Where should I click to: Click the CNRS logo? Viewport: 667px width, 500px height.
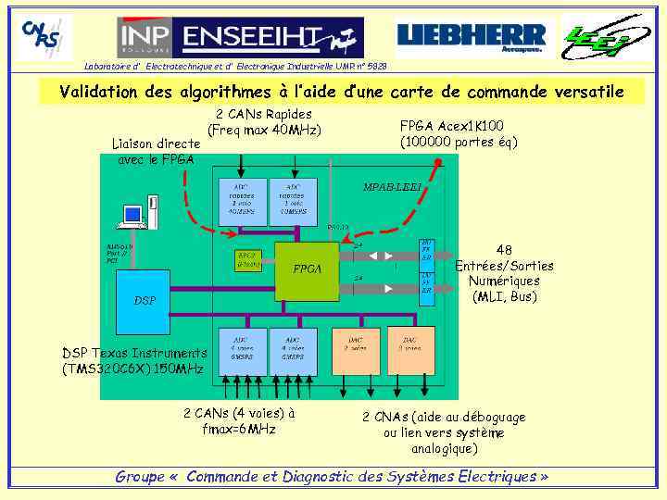[44, 36]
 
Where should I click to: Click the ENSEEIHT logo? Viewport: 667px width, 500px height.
[240, 37]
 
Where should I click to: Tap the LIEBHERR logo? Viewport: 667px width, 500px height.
[472, 38]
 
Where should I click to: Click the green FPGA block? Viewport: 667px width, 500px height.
[308, 269]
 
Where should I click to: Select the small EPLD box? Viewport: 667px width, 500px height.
[248, 259]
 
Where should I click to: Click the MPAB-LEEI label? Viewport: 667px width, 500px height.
[392, 188]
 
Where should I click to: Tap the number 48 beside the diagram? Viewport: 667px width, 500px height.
[504, 249]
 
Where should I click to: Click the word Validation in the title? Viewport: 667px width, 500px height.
[101, 92]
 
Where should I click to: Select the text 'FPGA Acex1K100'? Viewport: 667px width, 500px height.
[451, 125]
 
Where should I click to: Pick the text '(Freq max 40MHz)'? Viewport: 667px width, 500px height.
[264, 131]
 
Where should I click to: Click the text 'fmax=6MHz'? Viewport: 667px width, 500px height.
[239, 430]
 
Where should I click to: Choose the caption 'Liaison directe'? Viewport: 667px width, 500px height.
[156, 144]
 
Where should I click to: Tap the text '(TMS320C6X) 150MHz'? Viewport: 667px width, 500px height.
[133, 369]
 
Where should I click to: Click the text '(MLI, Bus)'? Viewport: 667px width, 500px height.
[504, 297]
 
